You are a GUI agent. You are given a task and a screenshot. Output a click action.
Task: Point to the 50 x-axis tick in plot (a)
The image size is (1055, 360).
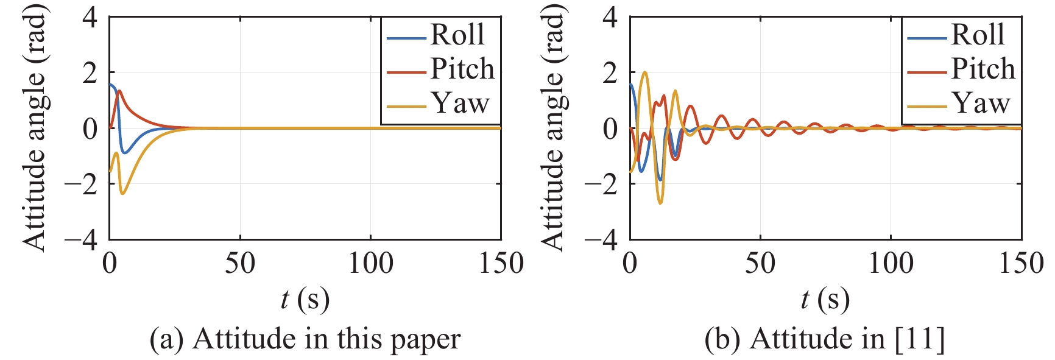240,263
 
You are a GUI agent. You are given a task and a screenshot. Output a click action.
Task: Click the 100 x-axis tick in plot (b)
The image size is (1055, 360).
891,263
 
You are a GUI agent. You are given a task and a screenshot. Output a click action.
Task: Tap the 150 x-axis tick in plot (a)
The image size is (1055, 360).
501,263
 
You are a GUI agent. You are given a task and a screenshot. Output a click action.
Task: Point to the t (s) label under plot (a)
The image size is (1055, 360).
305,299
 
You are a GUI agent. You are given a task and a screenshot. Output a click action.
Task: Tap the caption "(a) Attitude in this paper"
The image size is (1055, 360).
305,339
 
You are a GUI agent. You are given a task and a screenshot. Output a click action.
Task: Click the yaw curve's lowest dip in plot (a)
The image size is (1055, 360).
123,194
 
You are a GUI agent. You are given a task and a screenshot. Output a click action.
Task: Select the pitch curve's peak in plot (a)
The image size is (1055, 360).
119,91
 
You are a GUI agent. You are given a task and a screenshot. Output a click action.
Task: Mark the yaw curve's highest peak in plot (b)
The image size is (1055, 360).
645,72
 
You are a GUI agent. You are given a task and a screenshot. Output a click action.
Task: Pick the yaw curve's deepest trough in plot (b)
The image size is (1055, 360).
660,203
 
